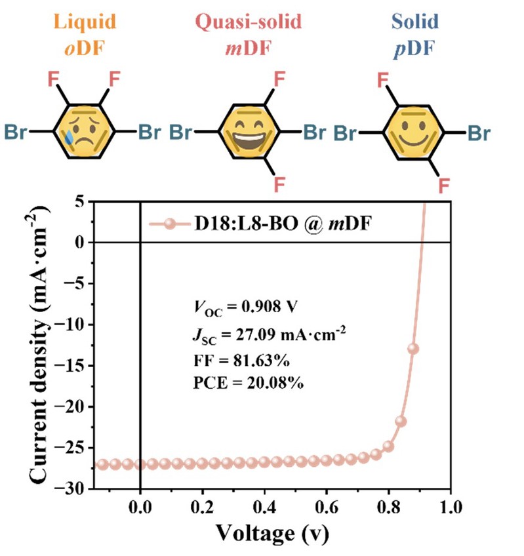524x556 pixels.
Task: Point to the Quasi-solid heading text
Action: [x=252, y=22]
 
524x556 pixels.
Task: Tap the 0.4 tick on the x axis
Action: [x=264, y=507]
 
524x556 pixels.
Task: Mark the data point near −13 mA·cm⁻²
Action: [x=413, y=349]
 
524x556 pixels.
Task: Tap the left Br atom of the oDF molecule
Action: [x=18, y=131]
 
